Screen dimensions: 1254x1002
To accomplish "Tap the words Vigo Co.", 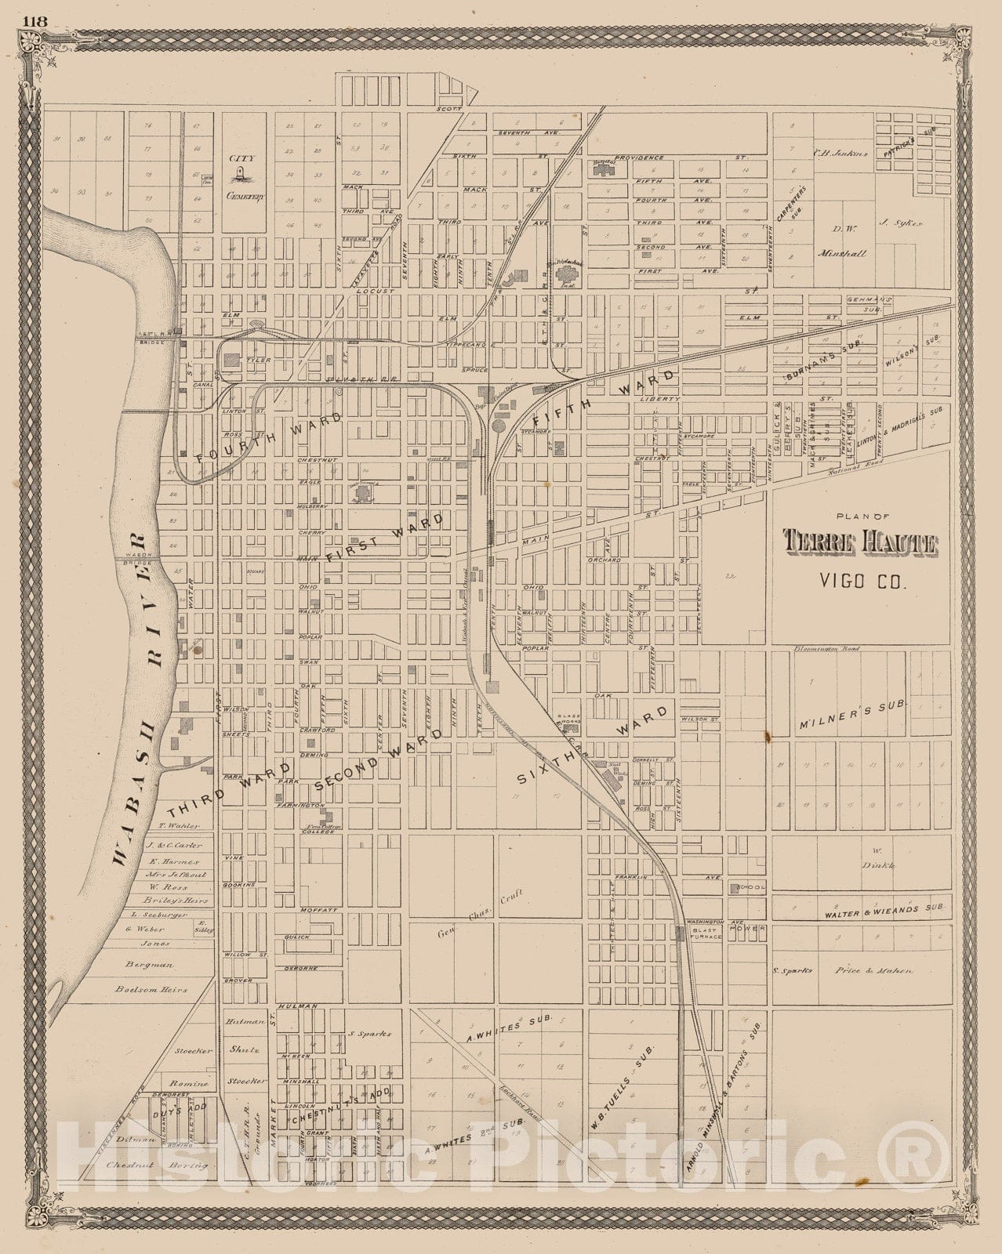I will (x=861, y=581).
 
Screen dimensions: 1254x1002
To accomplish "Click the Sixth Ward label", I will (x=594, y=745).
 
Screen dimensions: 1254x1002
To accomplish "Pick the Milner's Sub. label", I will (x=860, y=705).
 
